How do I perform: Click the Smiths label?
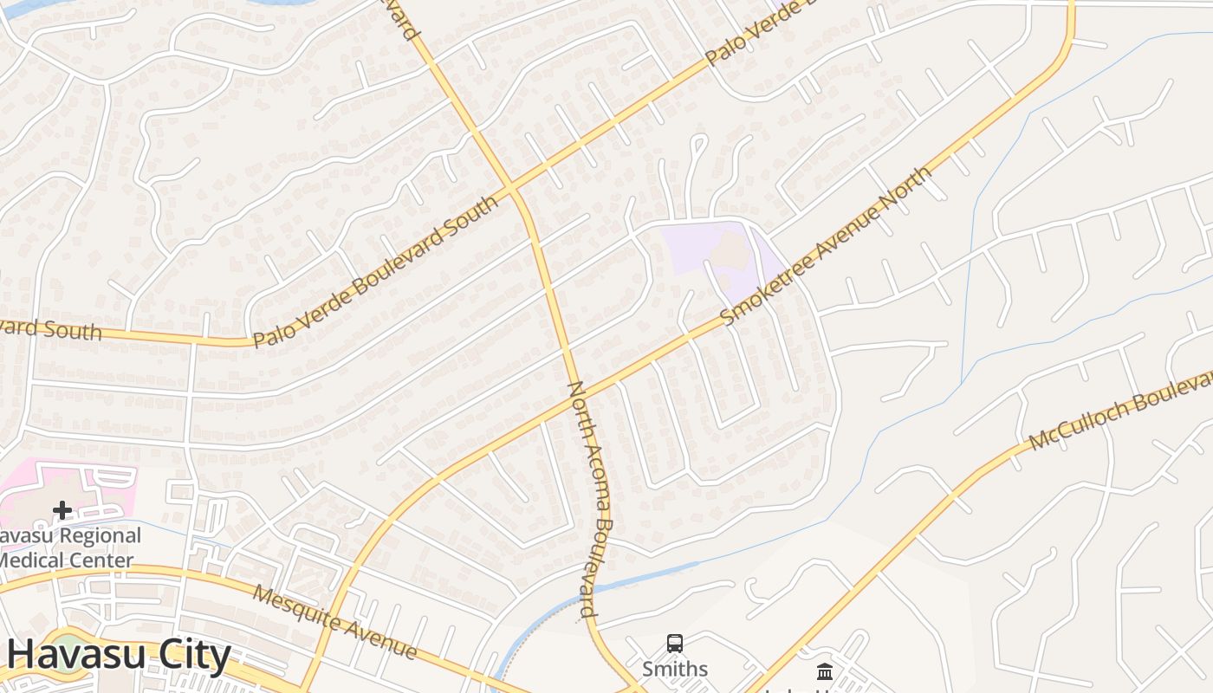675,669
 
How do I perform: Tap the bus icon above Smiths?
675,644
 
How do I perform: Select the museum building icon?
825,671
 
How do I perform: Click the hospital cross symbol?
62,510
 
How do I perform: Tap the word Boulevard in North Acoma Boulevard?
597,567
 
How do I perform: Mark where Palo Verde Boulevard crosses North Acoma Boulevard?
512,187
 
